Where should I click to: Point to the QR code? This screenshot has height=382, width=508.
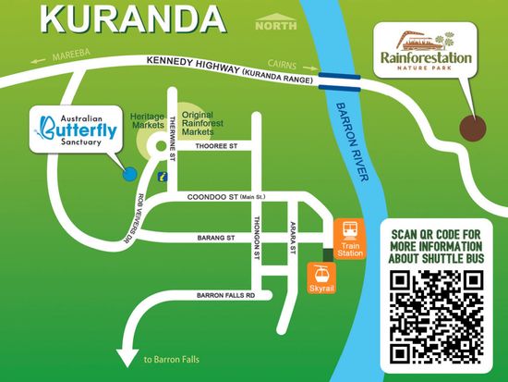(x=437, y=316)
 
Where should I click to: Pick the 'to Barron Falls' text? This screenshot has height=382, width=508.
(x=170, y=360)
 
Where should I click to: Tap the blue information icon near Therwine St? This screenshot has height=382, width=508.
(x=163, y=175)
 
